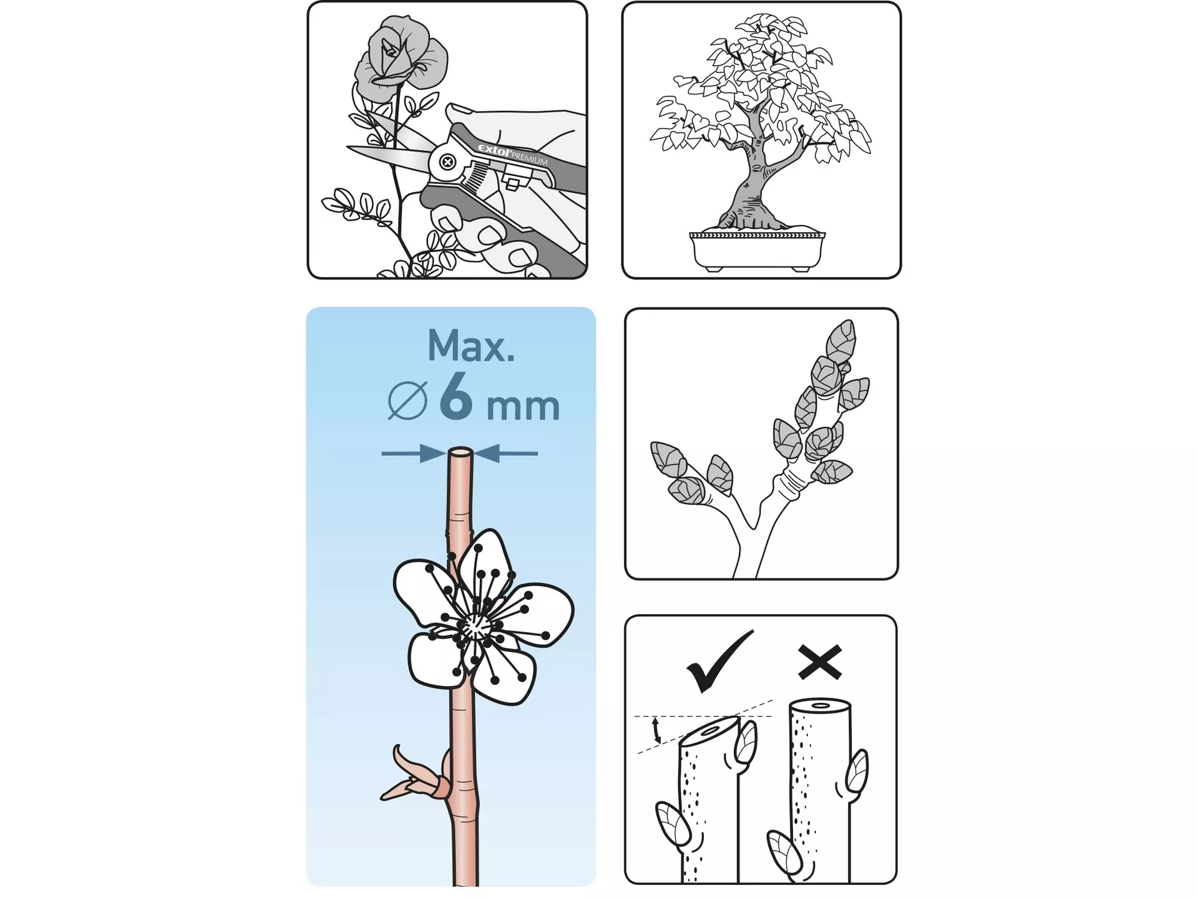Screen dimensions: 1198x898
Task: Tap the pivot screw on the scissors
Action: point(447,163)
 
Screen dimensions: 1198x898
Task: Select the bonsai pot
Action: point(757,251)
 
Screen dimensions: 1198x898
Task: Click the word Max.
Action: point(471,345)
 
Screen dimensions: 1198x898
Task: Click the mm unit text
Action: point(523,407)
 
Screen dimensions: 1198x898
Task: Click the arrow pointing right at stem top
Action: point(414,453)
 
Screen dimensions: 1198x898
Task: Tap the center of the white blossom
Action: point(475,626)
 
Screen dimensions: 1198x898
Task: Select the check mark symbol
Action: point(720,662)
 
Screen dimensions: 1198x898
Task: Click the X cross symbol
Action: point(820,662)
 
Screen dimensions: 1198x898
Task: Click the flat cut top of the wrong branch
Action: point(820,706)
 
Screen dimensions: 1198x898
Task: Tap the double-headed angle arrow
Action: point(656,730)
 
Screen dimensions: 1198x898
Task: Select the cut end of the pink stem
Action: point(460,451)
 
